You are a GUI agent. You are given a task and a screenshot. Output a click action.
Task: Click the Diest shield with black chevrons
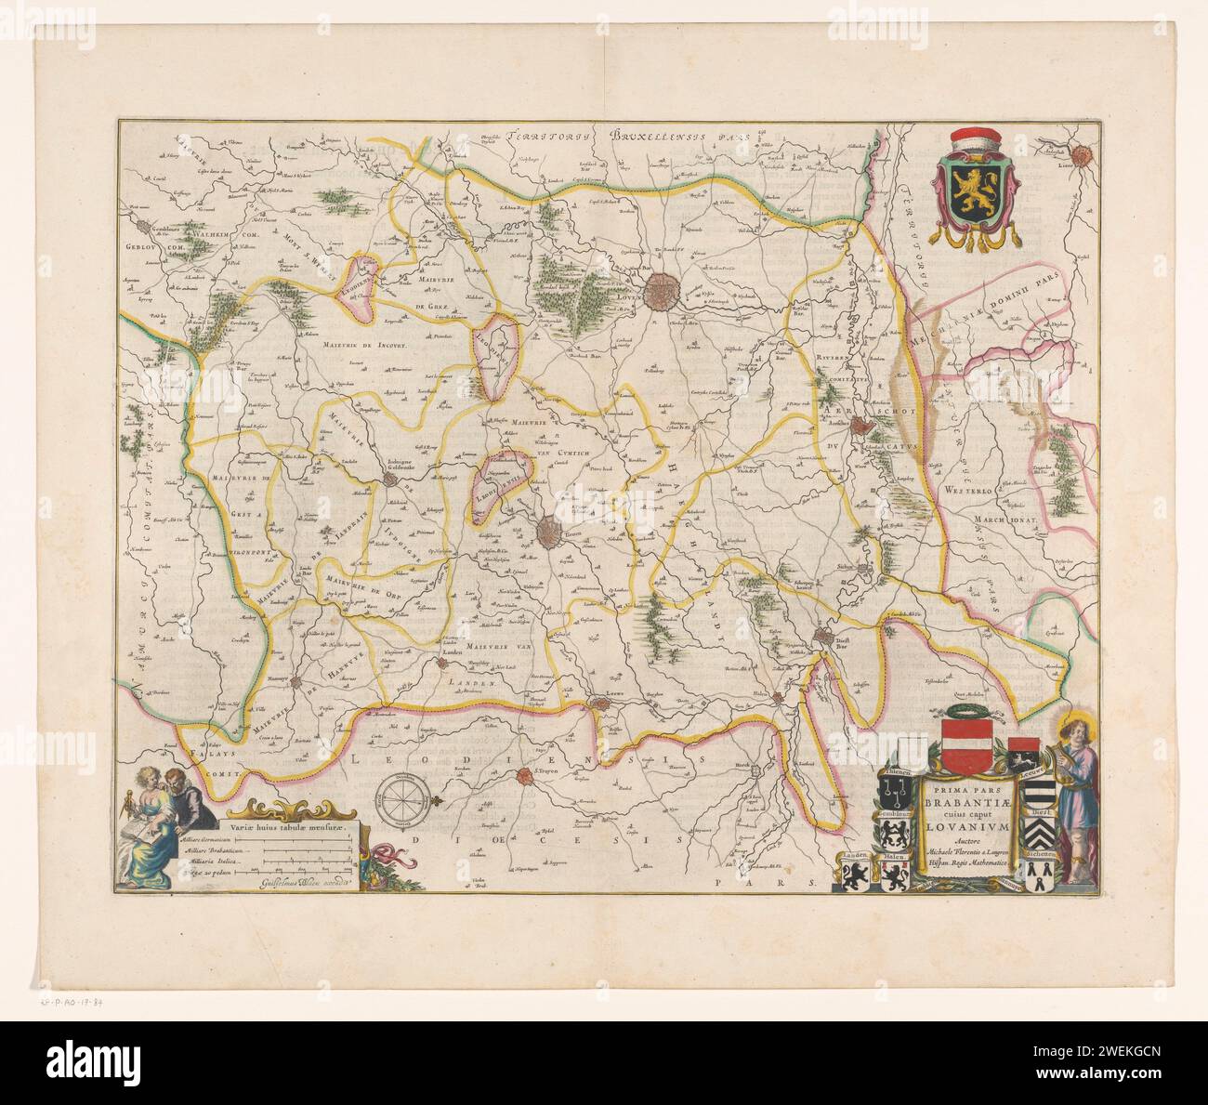point(1041,835)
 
